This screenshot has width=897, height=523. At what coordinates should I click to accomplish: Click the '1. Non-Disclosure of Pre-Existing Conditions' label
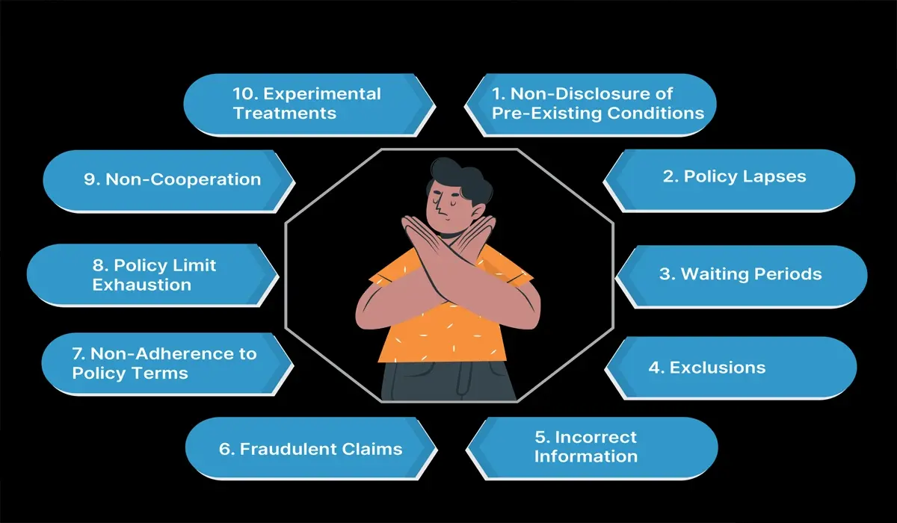(597, 104)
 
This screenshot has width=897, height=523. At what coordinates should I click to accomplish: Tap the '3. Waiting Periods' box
(740, 274)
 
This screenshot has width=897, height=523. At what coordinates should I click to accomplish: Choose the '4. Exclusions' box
(729, 367)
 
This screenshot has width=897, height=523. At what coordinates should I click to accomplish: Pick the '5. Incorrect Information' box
(591, 446)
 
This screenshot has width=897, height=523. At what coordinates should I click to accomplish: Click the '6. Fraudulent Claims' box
(310, 448)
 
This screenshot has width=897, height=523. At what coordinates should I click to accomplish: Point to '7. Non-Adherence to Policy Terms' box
(164, 362)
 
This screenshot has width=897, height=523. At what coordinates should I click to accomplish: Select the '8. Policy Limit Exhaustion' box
(153, 275)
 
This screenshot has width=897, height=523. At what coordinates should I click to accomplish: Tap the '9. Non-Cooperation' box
(171, 179)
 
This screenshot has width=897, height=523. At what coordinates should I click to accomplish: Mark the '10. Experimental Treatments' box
(306, 104)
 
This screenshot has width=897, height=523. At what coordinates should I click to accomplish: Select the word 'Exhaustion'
(141, 285)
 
